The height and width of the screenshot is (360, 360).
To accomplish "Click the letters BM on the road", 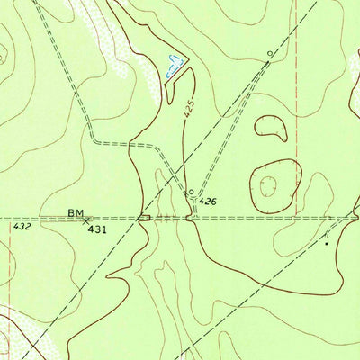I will point(75,213).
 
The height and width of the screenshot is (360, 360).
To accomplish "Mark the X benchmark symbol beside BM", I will point(86,218).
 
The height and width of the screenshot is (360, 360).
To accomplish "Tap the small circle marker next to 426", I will point(191,192).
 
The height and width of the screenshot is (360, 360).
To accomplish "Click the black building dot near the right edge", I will point(326,242).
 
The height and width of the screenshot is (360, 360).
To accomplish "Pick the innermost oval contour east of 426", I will point(268,185).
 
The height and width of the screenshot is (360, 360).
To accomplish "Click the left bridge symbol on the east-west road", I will point(144,218).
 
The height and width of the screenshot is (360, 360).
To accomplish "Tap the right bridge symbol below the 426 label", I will point(191,218).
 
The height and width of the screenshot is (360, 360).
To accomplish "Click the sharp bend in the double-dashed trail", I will point(94,139).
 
